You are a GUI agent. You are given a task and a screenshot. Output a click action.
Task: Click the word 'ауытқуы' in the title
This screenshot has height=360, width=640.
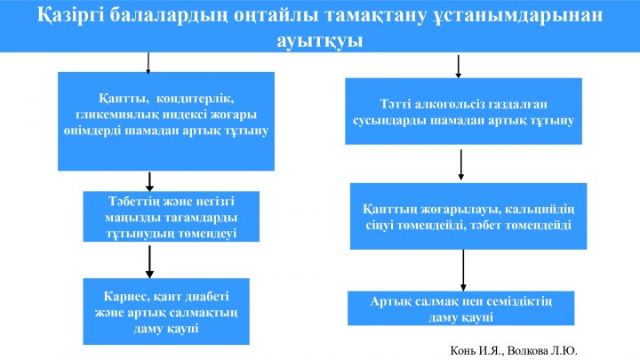tap(320, 41)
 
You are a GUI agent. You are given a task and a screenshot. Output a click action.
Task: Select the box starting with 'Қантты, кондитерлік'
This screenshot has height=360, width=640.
tap(166, 121)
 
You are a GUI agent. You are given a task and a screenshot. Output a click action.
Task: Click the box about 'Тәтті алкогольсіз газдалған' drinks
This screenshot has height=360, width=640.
tap(463, 111)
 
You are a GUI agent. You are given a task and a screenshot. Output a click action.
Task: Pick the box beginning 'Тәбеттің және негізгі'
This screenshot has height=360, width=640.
tap(171, 216)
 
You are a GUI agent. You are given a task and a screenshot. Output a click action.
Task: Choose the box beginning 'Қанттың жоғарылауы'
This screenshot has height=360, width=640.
tap(468, 216)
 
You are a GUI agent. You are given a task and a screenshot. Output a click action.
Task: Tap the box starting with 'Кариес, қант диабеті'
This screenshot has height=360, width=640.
tap(166, 311)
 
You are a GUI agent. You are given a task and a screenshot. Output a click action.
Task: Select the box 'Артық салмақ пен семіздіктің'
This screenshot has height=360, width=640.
tap(460, 308)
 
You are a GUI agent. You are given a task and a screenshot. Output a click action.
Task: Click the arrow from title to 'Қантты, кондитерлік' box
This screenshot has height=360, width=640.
tap(148, 62)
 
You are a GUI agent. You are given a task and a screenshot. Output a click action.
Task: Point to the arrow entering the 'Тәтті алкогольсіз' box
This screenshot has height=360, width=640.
tap(459, 67)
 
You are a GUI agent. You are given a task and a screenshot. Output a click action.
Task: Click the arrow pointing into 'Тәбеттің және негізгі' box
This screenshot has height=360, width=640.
tap(150, 181)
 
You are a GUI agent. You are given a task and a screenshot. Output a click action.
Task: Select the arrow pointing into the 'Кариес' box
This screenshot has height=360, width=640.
tap(150, 261)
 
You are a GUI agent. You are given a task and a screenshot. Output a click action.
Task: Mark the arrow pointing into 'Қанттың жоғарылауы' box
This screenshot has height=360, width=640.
tap(460, 164)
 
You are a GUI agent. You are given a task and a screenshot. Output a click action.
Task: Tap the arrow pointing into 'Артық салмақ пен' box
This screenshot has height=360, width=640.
tap(463, 270)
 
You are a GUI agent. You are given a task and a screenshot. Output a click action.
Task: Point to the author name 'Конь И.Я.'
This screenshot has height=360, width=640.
tap(477, 350)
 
